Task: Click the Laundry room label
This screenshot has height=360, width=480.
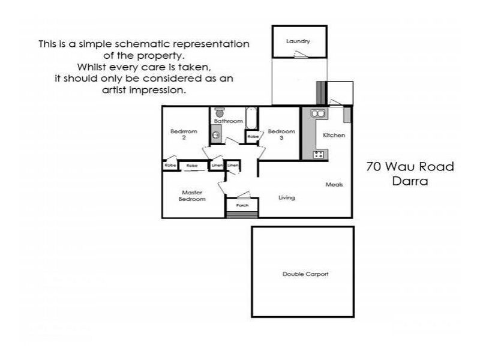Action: click(298, 41)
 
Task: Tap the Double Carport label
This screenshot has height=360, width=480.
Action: click(305, 274)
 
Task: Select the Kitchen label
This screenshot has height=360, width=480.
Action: click(334, 135)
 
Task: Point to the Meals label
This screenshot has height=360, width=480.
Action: click(334, 184)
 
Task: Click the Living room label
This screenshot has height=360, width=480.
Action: click(287, 197)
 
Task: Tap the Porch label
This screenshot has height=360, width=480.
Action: click(242, 205)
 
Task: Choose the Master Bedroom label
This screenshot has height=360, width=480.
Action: click(192, 196)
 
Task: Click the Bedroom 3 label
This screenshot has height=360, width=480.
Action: click(281, 134)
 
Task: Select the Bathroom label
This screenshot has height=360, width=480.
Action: click(229, 121)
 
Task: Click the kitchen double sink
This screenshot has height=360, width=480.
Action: click(318, 113)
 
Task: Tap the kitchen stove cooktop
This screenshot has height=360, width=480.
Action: click(319, 154)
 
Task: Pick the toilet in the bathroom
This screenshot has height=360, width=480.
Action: click(220, 112)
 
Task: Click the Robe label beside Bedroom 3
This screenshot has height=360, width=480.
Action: click(253, 137)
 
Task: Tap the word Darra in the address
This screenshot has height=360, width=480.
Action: click(409, 181)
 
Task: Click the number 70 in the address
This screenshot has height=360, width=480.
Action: click(374, 167)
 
